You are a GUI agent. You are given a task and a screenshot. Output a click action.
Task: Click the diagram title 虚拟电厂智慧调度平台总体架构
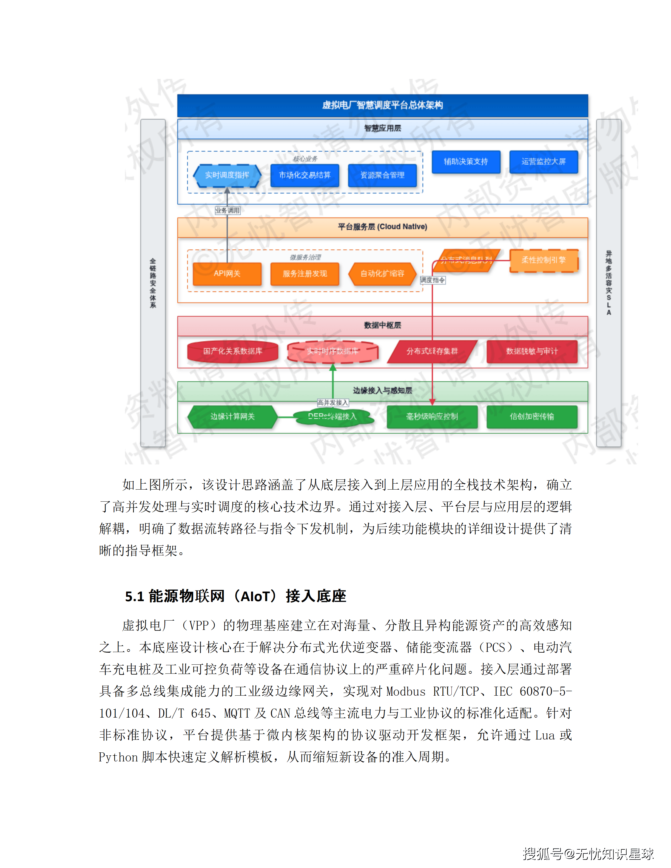click(382, 105)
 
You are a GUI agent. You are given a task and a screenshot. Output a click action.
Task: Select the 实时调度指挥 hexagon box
click(227, 175)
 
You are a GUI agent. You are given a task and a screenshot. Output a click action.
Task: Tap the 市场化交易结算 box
click(305, 175)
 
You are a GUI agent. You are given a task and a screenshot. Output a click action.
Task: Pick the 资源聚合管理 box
click(382, 175)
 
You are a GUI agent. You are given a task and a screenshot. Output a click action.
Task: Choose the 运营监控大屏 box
click(543, 162)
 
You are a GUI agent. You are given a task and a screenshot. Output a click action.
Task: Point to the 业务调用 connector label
click(228, 210)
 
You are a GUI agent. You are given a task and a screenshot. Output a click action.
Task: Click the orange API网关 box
click(227, 274)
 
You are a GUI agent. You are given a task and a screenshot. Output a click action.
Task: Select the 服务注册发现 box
click(305, 274)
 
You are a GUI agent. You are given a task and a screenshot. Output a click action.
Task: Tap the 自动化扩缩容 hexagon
click(382, 274)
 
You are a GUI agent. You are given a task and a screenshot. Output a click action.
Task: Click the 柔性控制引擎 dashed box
click(543, 260)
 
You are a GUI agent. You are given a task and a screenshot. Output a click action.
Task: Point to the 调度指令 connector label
click(433, 280)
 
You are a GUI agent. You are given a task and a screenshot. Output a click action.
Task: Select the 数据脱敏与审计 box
click(532, 351)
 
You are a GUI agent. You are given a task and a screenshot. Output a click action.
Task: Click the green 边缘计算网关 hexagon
click(232, 416)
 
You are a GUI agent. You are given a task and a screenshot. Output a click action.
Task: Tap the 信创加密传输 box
click(532, 416)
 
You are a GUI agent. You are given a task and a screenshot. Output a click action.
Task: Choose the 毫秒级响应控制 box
click(432, 416)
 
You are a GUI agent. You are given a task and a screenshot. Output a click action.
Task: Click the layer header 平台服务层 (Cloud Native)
click(382, 227)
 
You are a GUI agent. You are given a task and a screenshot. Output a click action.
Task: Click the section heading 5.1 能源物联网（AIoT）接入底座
click(235, 596)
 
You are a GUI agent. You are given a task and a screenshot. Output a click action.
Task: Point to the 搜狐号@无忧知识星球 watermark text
click(588, 853)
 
